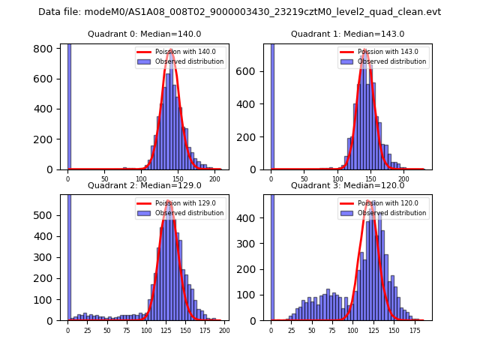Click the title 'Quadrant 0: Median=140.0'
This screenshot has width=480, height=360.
[x=144, y=34]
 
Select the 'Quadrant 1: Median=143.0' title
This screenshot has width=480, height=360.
[x=347, y=34]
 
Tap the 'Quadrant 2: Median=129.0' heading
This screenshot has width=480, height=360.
[x=144, y=185]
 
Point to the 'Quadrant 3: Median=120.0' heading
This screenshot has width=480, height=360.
[x=347, y=185]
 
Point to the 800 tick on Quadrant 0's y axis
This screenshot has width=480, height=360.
[x=47, y=49]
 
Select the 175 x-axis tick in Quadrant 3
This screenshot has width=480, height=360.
[x=414, y=331]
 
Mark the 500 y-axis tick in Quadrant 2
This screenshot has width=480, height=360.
[x=47, y=215]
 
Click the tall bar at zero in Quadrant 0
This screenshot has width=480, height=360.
[x=68, y=105]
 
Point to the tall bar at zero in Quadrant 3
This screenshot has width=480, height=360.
[x=271, y=255]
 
